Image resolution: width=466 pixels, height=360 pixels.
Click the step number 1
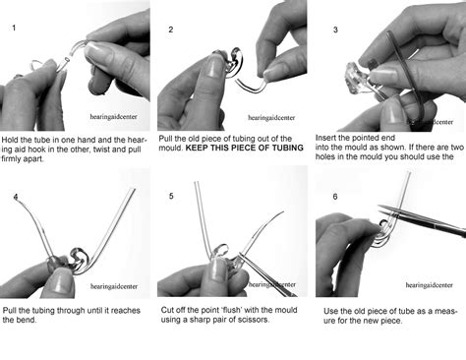click(x=14, y=28)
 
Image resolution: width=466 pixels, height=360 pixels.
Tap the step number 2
click(x=171, y=30)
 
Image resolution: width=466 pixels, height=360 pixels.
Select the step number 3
click(x=335, y=30)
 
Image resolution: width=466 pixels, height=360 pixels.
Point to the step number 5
click(x=171, y=196)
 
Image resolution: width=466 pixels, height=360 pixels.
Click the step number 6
click(x=335, y=197)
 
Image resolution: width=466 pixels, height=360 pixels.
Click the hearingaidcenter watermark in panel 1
click(x=113, y=117)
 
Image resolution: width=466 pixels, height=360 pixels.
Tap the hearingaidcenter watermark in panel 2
click(x=271, y=118)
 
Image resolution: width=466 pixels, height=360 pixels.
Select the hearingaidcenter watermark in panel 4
click(x=114, y=286)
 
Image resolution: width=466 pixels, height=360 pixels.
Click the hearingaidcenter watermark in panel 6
click(x=429, y=285)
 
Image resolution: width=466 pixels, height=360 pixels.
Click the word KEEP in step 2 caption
click(x=197, y=148)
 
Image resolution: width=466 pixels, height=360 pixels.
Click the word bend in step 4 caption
click(x=27, y=320)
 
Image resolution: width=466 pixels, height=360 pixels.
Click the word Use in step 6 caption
click(x=330, y=311)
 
